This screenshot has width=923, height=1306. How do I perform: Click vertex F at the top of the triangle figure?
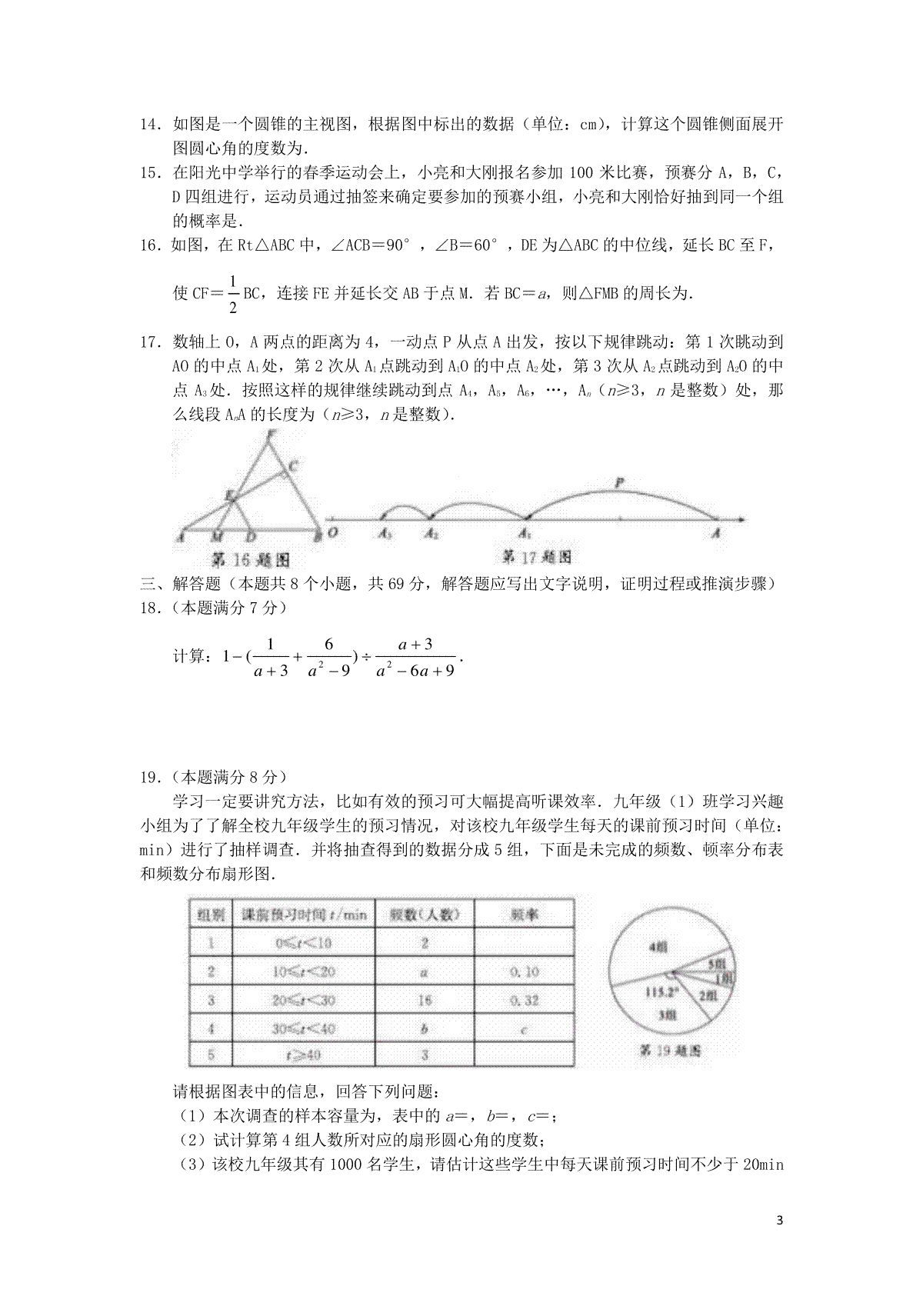(x=270, y=435)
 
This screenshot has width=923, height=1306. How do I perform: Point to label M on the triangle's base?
(x=218, y=536)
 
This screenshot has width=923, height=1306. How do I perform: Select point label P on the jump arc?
(x=619, y=484)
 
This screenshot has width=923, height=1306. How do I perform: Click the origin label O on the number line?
(x=332, y=533)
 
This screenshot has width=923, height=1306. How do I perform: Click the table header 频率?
(x=524, y=915)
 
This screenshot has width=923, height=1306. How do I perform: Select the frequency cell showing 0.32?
(x=524, y=1000)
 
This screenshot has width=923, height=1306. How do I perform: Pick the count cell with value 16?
(x=424, y=1000)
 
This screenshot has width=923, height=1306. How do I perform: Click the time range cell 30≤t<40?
(x=304, y=1028)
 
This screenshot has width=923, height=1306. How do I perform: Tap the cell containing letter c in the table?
(x=524, y=1029)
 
